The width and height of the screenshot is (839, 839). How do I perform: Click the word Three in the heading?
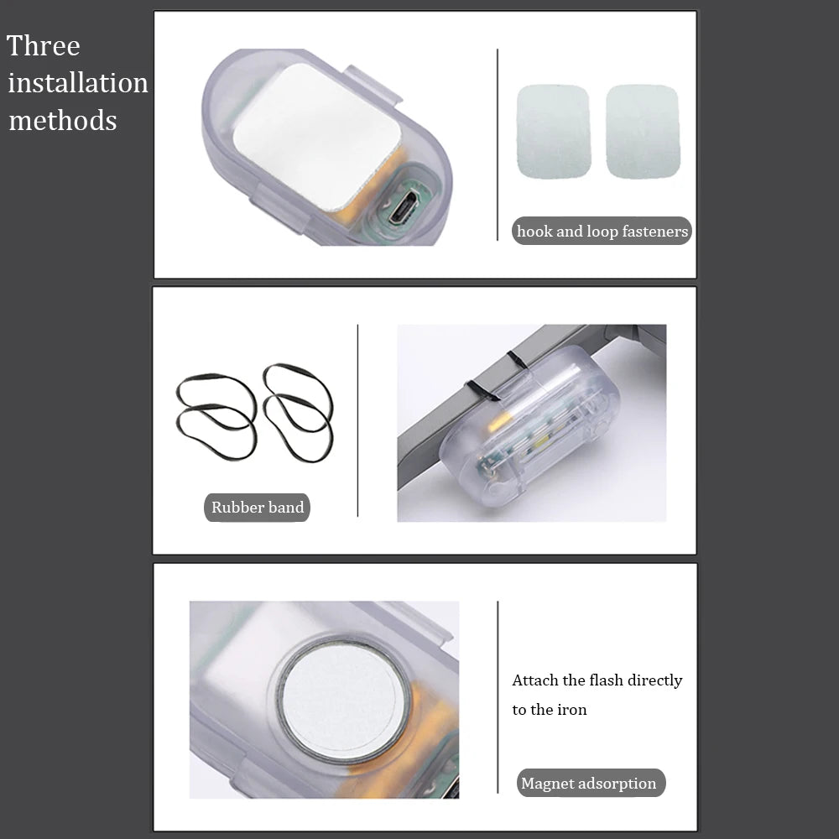[x=44, y=46]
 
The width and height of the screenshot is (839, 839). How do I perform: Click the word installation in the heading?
[x=78, y=83]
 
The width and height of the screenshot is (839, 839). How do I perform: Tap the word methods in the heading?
[x=63, y=120]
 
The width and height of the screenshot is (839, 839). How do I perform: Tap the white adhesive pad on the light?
[x=317, y=137]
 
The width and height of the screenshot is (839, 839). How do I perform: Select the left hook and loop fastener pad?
[x=553, y=132]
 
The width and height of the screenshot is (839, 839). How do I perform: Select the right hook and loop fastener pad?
[x=643, y=132]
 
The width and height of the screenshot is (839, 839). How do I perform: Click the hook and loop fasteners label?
[x=602, y=232]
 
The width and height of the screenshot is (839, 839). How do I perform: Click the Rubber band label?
[x=257, y=508]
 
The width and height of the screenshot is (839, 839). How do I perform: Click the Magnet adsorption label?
[x=591, y=784]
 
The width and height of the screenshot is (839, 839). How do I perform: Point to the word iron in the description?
[x=572, y=710]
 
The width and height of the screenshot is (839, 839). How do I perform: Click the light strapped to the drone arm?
[x=529, y=426]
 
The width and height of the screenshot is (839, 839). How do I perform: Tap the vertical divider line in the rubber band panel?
[x=357, y=420]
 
